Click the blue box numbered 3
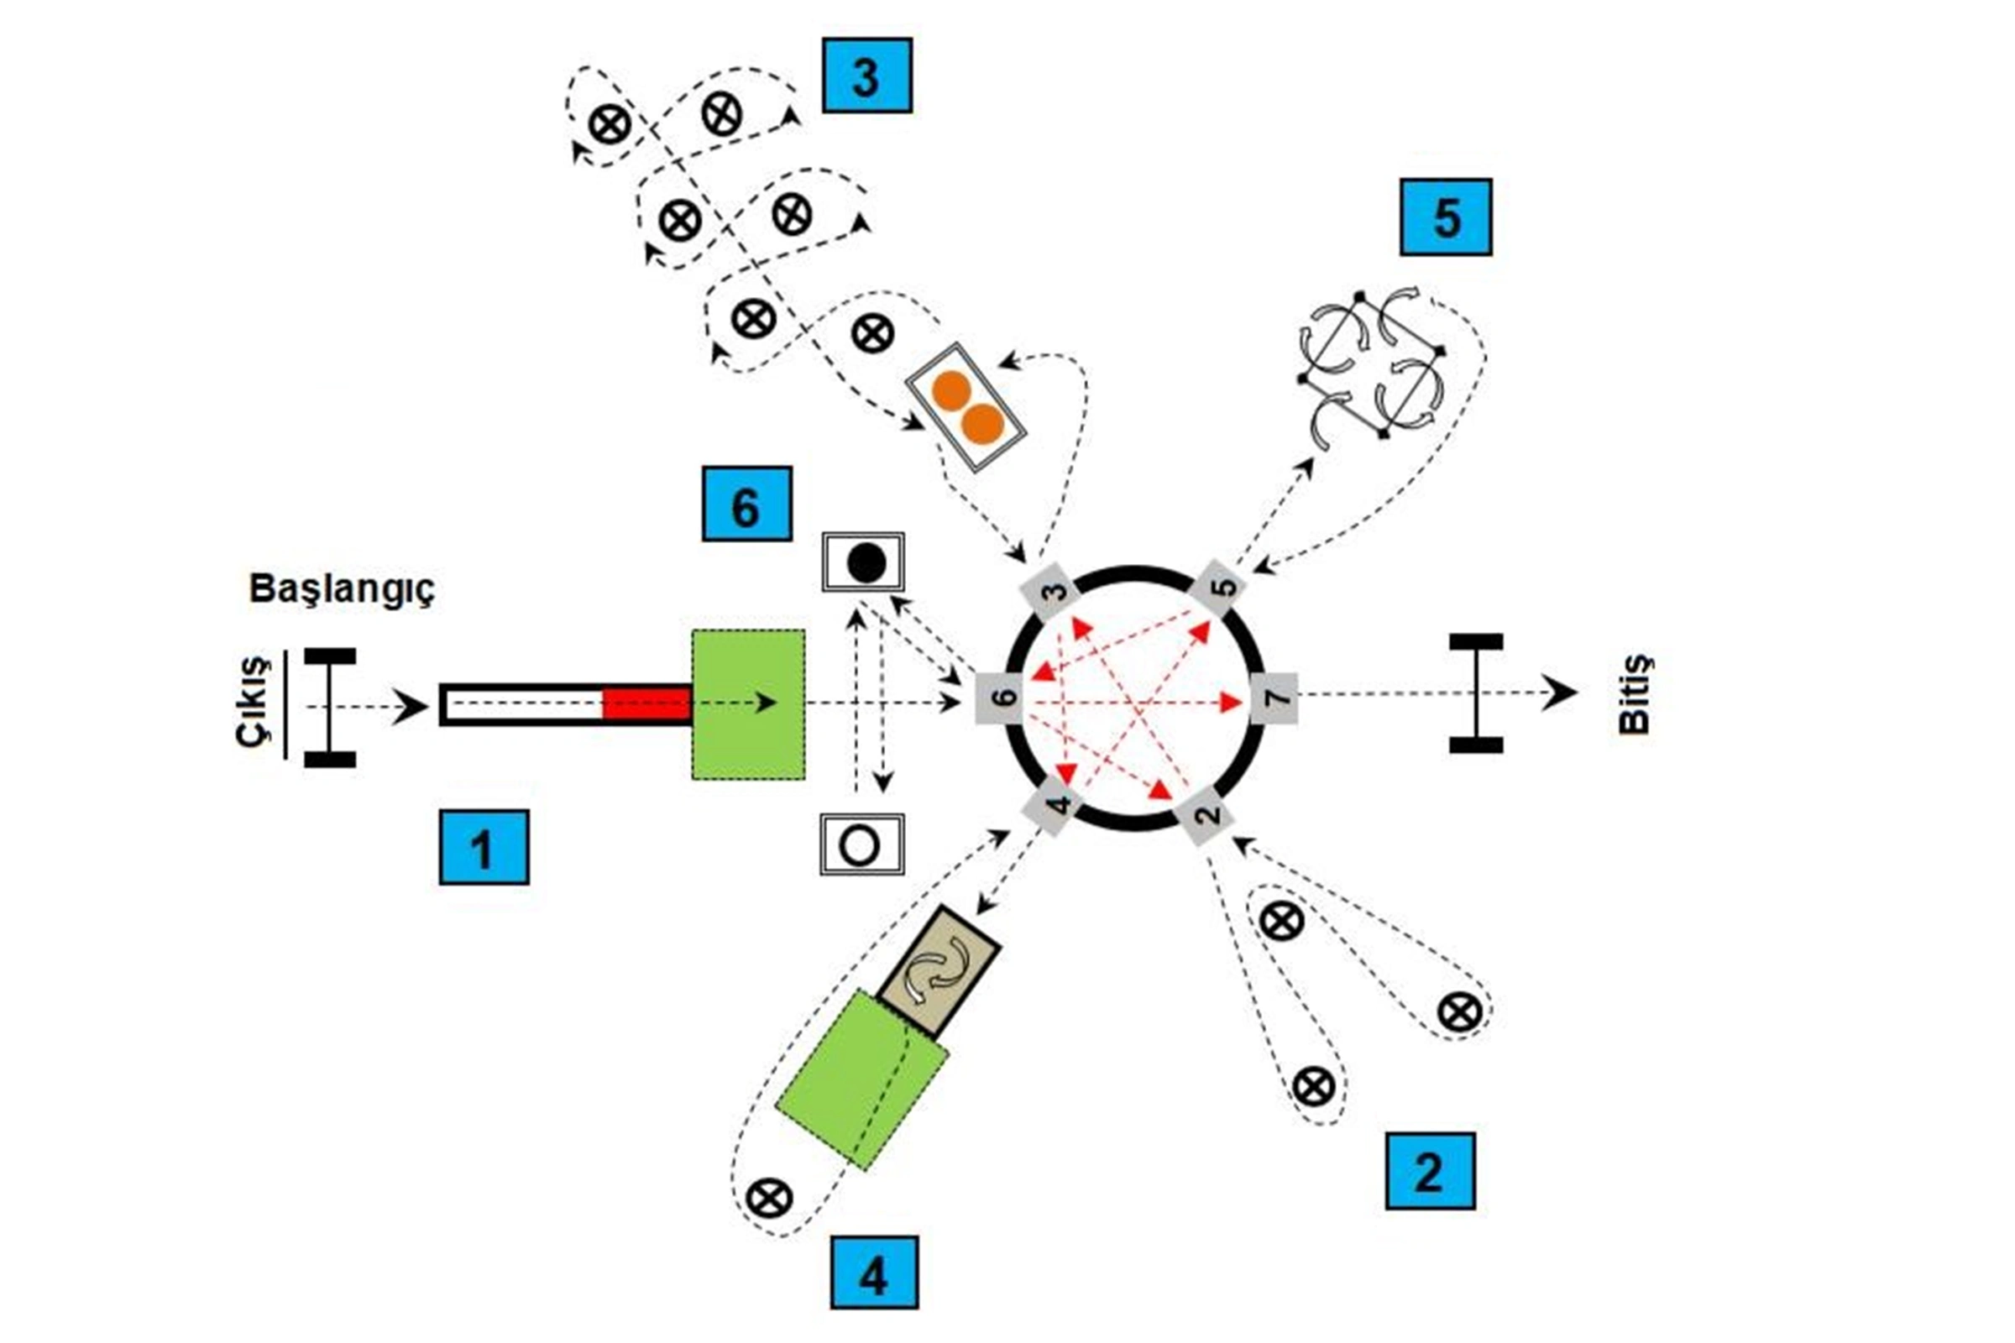[x=866, y=76]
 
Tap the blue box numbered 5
[x=1445, y=217]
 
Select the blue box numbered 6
[x=746, y=504]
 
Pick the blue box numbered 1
[x=484, y=847]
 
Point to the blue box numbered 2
[x=1430, y=1171]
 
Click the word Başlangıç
[x=342, y=589]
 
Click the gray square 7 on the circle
[x=1274, y=699]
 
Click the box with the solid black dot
[x=864, y=562]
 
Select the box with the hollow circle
[x=862, y=844]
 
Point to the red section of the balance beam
[x=646, y=704]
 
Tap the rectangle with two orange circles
[x=966, y=407]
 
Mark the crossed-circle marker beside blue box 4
[x=768, y=1197]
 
